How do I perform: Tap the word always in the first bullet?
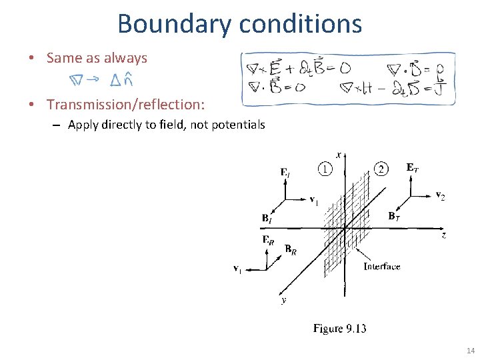click(125, 58)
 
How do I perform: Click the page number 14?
click(471, 351)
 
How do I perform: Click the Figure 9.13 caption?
click(340, 328)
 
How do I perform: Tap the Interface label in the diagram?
click(381, 266)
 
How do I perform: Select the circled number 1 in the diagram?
click(325, 169)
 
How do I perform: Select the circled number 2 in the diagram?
click(380, 169)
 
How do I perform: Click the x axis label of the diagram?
click(339, 155)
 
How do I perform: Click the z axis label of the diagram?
click(443, 235)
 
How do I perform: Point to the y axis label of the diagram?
click(284, 301)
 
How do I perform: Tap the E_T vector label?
click(413, 167)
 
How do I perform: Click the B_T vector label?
click(394, 216)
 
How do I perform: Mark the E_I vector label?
click(285, 173)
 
